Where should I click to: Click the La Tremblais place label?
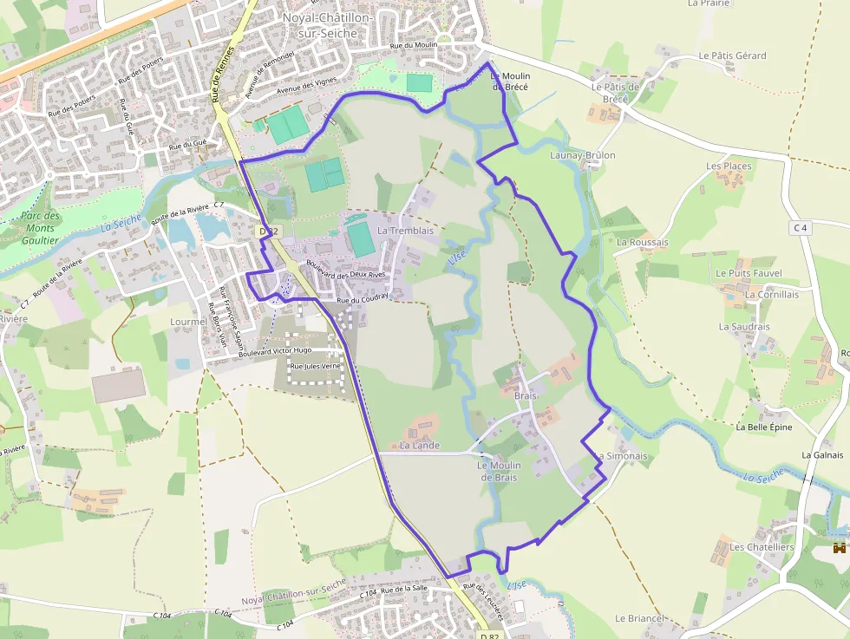pos(405,231)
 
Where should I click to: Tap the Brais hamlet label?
pos(526,395)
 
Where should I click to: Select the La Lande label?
pos(420,445)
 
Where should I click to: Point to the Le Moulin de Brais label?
pos(499,471)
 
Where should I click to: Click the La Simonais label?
pos(622,456)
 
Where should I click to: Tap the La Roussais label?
pos(642,242)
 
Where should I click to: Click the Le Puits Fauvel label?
pos(749,273)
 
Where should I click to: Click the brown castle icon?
pos(839,548)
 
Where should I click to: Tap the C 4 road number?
pos(799,228)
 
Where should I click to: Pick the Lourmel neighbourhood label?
pos(189,321)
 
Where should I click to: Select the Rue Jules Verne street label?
pos(317,367)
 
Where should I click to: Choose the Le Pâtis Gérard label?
pos(732,55)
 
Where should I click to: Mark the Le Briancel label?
pos(638,618)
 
